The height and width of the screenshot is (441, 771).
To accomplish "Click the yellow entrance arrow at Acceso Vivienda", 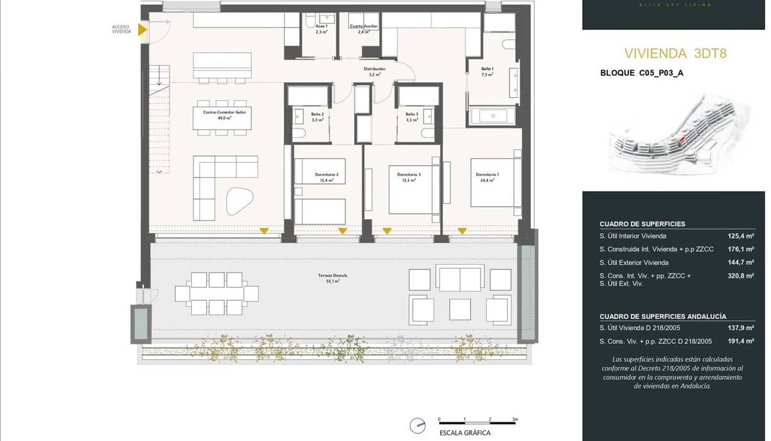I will coord(143,29).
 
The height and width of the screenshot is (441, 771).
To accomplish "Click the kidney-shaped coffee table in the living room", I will coord(240,201).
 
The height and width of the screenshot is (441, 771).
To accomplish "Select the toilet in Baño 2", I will coord(299,133).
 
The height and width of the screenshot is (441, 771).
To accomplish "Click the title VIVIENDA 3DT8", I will coord(675,53).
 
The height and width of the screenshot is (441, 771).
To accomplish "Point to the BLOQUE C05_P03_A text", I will coord(641,73).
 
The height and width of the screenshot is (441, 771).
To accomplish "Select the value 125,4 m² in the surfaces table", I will coord(740,236).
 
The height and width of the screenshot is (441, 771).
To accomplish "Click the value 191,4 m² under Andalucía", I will coord(740,341).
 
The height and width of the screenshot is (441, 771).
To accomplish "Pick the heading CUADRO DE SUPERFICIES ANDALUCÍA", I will coord(662,316).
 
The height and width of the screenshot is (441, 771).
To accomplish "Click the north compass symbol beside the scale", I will coord(418,425).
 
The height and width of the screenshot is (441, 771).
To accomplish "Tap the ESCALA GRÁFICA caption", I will coord(465,433).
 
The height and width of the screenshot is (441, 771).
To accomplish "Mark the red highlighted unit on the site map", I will coord(682,138).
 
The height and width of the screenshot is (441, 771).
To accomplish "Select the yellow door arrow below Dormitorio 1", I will coord(462,231).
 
